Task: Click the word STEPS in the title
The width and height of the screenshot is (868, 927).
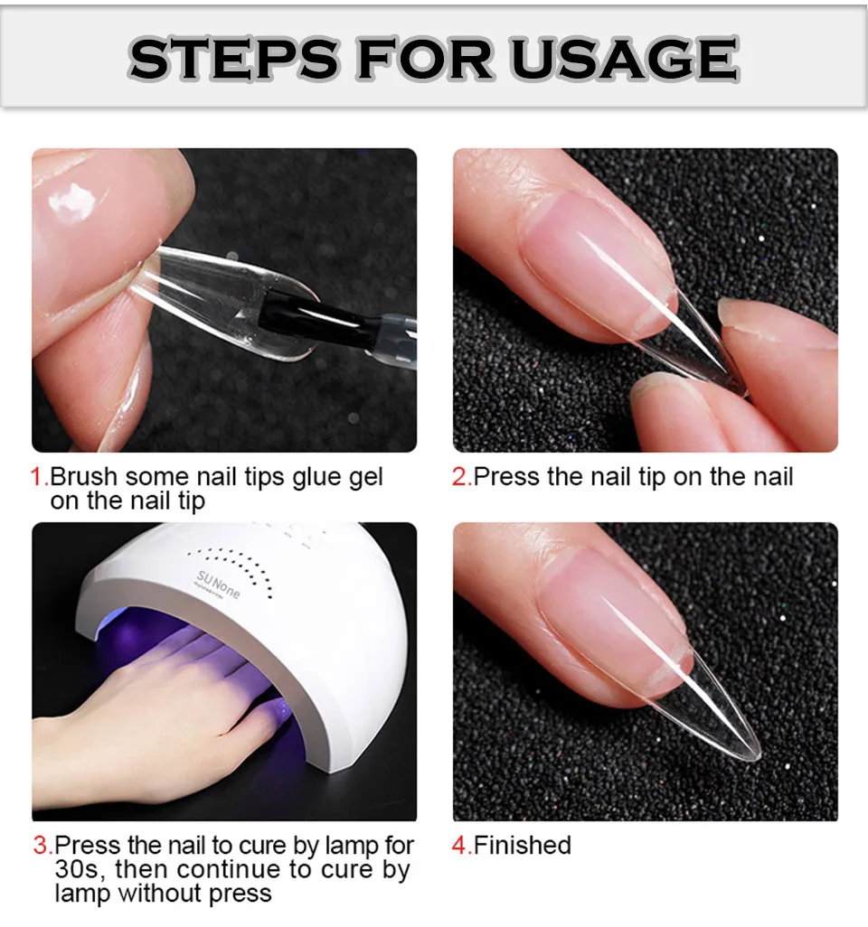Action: [x=232, y=60]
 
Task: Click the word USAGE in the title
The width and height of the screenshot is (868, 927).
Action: [x=624, y=60]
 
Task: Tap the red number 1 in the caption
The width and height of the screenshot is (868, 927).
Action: [x=38, y=477]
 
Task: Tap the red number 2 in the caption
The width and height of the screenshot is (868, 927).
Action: [x=459, y=477]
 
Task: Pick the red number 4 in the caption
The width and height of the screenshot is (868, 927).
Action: [x=459, y=847]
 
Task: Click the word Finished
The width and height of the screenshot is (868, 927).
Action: [x=523, y=847]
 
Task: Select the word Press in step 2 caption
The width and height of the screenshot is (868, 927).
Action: [x=506, y=477]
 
